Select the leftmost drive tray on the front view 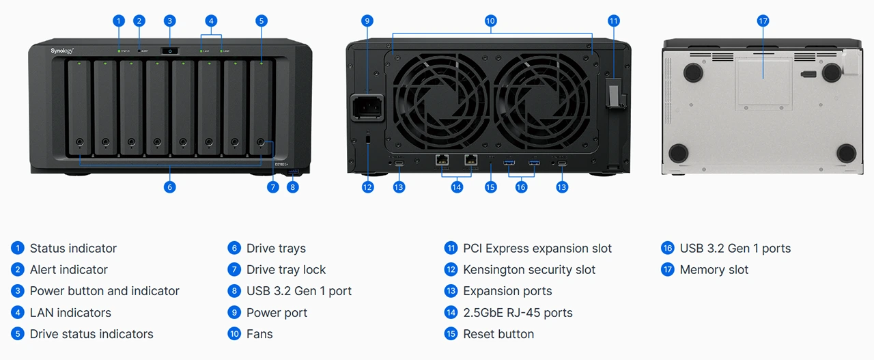pos(80,107)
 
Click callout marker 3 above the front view pos(169,21)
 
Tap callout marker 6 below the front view pos(170,186)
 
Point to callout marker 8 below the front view pos(293,186)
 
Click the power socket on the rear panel pos(367,107)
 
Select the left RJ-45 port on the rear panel pos(442,161)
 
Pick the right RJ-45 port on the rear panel pos(471,161)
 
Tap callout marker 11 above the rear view pos(613,21)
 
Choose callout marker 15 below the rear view pos(490,186)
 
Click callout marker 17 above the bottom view pos(763,21)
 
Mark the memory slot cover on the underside pos(763,82)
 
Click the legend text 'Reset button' pos(498,334)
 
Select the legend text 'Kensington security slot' pos(529,270)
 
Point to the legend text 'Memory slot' pos(714,270)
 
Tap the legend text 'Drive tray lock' pos(286,270)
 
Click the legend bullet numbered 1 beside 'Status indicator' pos(18,248)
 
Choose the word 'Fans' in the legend pos(259,334)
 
